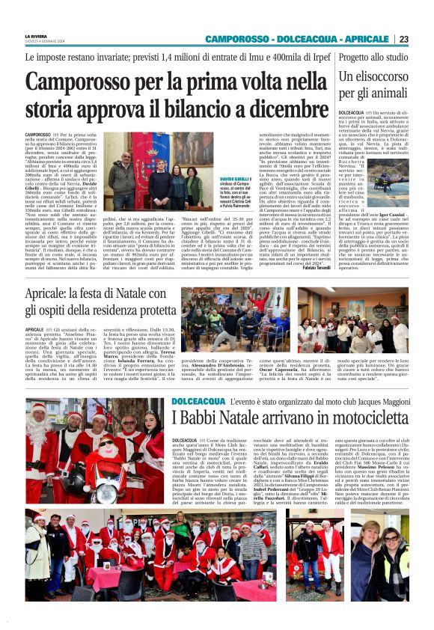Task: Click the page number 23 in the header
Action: tap(424, 39)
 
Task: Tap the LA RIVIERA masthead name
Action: tap(35, 36)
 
